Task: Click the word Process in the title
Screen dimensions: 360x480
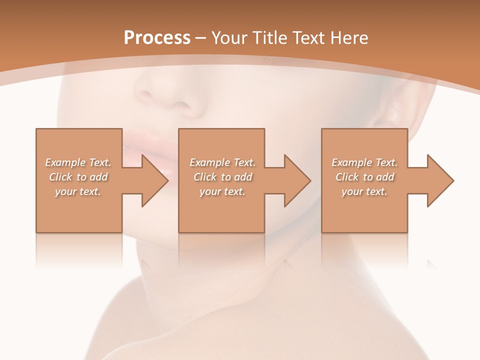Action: [x=157, y=38]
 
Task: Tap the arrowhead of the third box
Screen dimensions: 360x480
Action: [x=439, y=180]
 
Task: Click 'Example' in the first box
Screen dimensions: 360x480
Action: [x=65, y=162]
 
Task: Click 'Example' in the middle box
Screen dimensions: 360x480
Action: [x=209, y=162]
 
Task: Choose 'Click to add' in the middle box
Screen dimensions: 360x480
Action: [x=222, y=177]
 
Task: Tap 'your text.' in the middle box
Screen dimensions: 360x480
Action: [x=222, y=191]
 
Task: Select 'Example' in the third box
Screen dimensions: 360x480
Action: [x=351, y=162]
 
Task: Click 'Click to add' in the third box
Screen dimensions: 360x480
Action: [x=365, y=177]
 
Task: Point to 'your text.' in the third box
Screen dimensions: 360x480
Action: [x=365, y=191]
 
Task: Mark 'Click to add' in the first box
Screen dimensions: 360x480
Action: [x=78, y=177]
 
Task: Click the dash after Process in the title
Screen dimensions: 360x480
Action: [x=201, y=38]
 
